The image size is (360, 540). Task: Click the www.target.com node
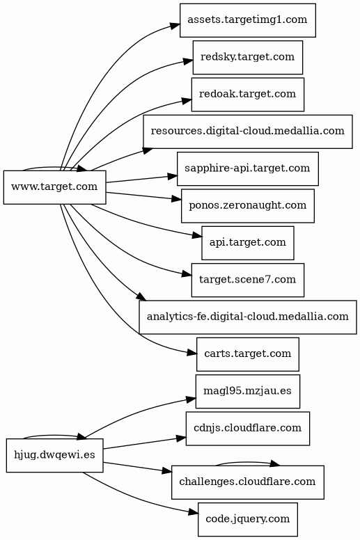coord(55,187)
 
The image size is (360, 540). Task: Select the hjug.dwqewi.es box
coord(55,455)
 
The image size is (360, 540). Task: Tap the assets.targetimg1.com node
coord(248,20)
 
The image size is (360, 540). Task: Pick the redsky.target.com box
coord(248,57)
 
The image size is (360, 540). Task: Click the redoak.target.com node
coord(248,95)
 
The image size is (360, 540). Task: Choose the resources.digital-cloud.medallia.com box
coord(248,132)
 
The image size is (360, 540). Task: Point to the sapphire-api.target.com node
coord(248,168)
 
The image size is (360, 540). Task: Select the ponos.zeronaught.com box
coord(248,205)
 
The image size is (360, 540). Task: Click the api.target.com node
coord(248,243)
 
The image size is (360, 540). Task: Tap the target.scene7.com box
coord(248,280)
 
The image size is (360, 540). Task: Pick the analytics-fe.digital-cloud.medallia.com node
coord(248,317)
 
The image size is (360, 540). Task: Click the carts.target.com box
coord(248,354)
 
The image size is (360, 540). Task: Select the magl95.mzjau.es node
coord(248,392)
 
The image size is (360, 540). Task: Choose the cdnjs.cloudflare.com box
coord(248,429)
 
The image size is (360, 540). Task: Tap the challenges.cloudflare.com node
coord(248,482)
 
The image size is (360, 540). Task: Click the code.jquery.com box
coord(248,519)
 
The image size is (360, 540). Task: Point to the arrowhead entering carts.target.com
coord(192,353)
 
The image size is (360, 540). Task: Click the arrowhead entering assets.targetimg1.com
coord(175,26)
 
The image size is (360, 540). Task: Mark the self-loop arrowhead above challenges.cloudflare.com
coord(275,463)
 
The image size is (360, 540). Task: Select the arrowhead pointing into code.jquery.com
coord(194,513)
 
